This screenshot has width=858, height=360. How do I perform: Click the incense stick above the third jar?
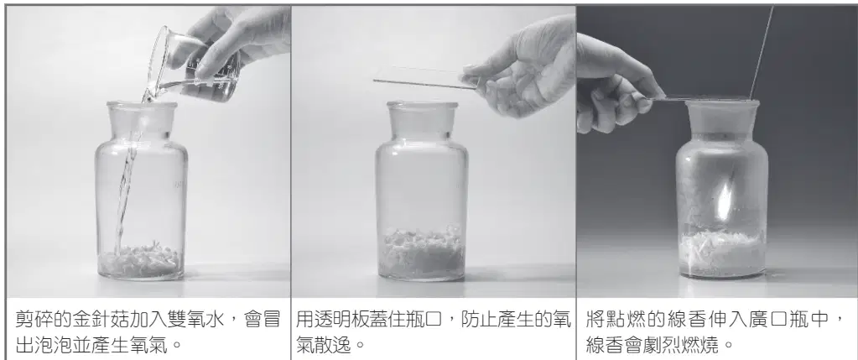(x=762, y=52)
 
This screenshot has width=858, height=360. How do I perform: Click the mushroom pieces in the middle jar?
(x=422, y=253)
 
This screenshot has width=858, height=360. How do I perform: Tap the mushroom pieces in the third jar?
(x=722, y=251)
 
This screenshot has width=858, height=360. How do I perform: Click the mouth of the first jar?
(x=142, y=105)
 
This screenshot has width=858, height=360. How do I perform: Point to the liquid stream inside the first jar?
(x=127, y=180)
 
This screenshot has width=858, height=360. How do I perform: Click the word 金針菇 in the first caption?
(x=93, y=319)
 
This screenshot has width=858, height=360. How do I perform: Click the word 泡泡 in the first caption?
(x=51, y=345)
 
